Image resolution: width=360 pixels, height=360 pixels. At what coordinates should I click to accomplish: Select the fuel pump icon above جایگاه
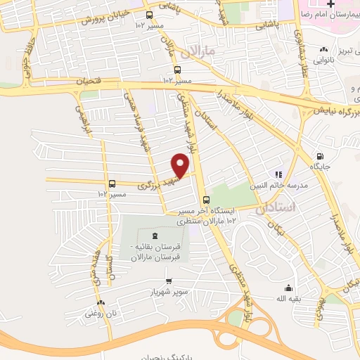320,157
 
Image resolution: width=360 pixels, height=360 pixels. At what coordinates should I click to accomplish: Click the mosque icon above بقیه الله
288,288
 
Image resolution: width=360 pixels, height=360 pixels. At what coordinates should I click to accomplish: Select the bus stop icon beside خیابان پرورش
148,15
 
